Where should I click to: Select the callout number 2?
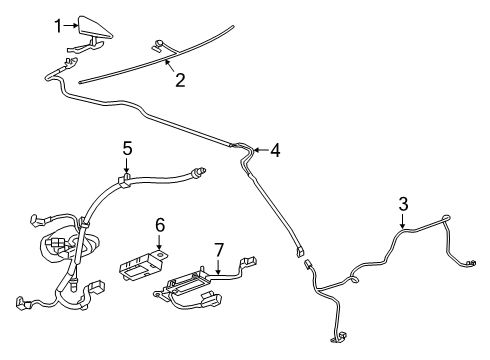tap(180, 80)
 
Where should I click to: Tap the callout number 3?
tap(403, 205)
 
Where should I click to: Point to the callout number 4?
tap(274, 151)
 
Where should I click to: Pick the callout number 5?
tap(127, 148)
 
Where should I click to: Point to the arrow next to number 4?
tap(258, 151)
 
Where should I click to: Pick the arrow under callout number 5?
tap(127, 168)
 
